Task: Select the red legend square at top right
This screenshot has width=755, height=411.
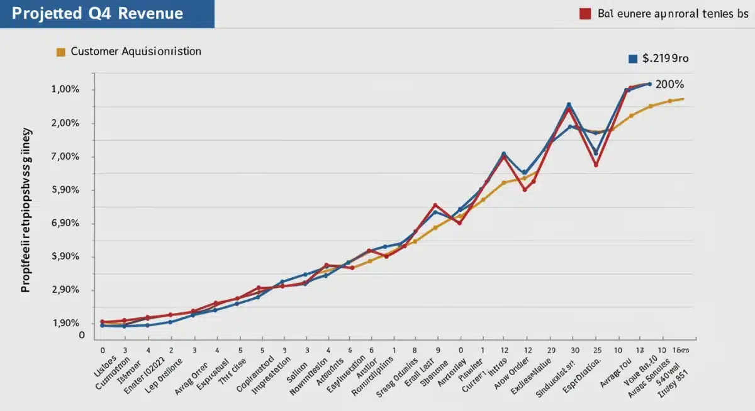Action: click(x=584, y=14)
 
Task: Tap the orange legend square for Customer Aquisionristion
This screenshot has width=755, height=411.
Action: click(x=61, y=52)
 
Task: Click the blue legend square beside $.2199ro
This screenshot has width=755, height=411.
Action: click(x=633, y=58)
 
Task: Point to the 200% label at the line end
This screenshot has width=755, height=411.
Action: click(x=669, y=84)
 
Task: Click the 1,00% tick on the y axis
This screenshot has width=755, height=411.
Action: click(x=65, y=90)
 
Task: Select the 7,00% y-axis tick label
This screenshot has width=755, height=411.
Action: click(x=65, y=156)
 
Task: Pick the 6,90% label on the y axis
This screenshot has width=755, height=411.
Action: click(x=65, y=223)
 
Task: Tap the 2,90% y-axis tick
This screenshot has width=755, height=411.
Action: click(x=65, y=290)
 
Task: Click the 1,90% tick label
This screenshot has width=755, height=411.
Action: click(x=65, y=323)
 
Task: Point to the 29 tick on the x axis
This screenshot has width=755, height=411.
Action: click(x=551, y=349)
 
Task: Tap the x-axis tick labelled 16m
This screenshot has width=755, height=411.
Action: click(x=681, y=349)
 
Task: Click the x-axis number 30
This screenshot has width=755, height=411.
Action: click(x=574, y=349)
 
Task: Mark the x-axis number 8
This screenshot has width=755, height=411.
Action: click(x=415, y=349)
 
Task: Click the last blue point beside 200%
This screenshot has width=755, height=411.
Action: click(x=649, y=84)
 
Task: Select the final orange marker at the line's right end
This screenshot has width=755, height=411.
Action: click(x=683, y=99)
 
